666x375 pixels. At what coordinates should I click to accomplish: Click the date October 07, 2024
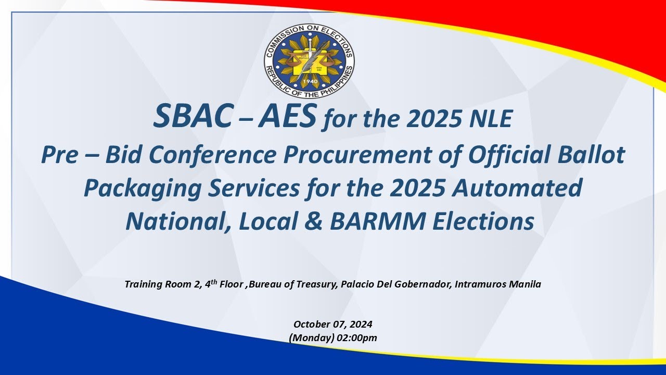click(x=333, y=324)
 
